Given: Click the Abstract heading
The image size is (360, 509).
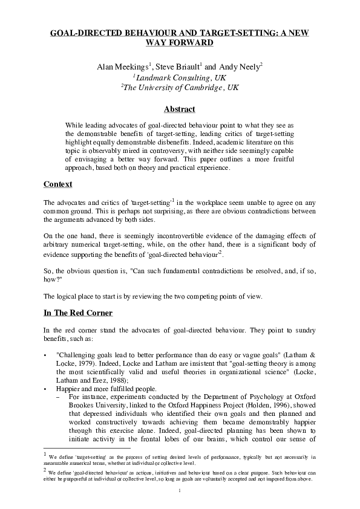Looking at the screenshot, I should point(180,109).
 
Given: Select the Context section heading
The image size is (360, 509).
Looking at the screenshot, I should point(58,184).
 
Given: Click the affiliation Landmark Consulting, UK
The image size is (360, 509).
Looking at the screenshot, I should point(182,77).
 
